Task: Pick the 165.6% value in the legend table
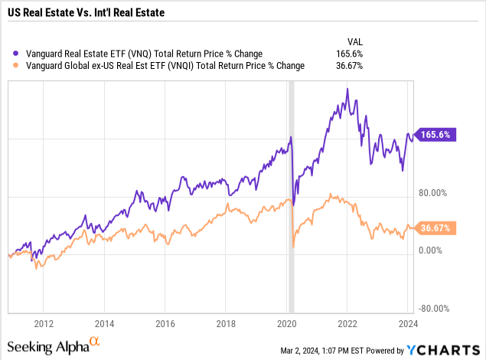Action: pyautogui.click(x=349, y=54)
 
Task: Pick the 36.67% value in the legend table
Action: pyautogui.click(x=347, y=66)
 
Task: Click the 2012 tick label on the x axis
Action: pyautogui.click(x=43, y=323)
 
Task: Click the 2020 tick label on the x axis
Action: pyautogui.click(x=287, y=323)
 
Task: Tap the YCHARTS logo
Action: pyautogui.click(x=442, y=350)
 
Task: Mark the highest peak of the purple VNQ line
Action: pyautogui.click(x=347, y=89)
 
